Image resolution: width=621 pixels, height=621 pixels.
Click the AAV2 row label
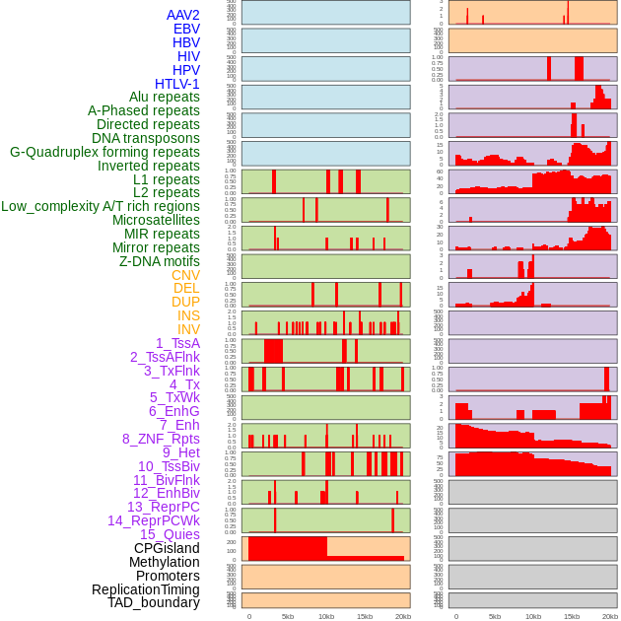183,15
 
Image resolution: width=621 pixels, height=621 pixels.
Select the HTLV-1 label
177,84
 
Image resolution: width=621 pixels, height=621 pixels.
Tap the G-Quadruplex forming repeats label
104,152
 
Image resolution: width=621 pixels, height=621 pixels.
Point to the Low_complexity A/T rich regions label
101,206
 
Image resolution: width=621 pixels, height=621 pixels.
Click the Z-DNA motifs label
160,261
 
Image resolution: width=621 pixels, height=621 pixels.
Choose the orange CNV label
185,275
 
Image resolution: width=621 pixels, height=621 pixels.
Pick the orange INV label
188,329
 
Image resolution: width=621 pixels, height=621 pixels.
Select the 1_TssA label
177,343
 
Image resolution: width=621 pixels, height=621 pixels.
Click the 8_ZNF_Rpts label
161,439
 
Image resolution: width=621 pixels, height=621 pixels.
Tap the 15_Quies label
170,534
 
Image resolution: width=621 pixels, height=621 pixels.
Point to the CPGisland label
167,548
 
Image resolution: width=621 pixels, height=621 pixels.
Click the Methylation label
166,562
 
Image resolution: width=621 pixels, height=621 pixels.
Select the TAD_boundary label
154,602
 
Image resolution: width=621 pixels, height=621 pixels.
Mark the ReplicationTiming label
146,589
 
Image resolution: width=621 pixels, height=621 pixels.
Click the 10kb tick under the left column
326,616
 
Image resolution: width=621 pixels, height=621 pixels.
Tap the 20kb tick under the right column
610,616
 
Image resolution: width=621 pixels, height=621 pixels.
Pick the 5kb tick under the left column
288,616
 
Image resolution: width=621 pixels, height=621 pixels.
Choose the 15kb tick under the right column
572,616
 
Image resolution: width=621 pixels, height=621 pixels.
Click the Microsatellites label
156,220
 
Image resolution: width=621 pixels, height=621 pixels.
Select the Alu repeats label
165,97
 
